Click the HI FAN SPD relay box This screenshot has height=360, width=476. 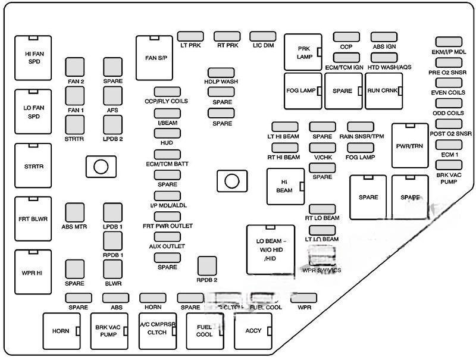(33, 57)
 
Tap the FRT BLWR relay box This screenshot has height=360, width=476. (33, 218)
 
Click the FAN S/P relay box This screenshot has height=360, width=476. (154, 58)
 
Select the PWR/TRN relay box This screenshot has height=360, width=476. (409, 146)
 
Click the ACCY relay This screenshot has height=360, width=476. (253, 331)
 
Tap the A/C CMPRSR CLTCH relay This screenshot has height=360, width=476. (157, 331)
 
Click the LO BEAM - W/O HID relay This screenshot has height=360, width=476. (271, 249)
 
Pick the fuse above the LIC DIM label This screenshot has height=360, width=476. (262, 36)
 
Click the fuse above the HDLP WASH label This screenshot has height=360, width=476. (221, 73)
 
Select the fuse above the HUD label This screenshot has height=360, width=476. (167, 133)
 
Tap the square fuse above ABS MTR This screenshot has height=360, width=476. (74, 212)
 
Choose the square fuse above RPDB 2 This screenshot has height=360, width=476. (206, 266)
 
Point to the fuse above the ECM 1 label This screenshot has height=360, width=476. (449, 145)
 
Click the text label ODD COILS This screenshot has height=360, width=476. (447, 113)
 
